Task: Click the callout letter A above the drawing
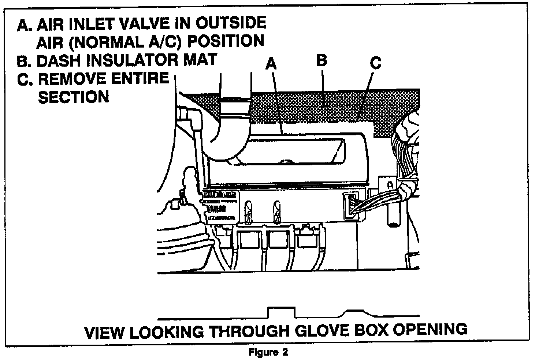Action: [x=271, y=64]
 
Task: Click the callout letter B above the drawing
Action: [x=321, y=60]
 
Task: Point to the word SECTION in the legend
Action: [x=73, y=97]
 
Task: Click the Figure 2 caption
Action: [x=268, y=353]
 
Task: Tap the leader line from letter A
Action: [x=277, y=102]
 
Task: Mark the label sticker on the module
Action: [x=218, y=207]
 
